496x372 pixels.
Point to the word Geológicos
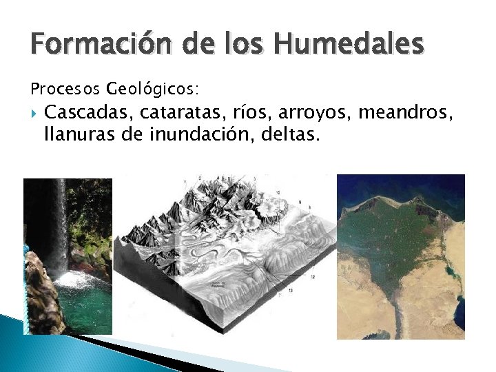click(x=152, y=89)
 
